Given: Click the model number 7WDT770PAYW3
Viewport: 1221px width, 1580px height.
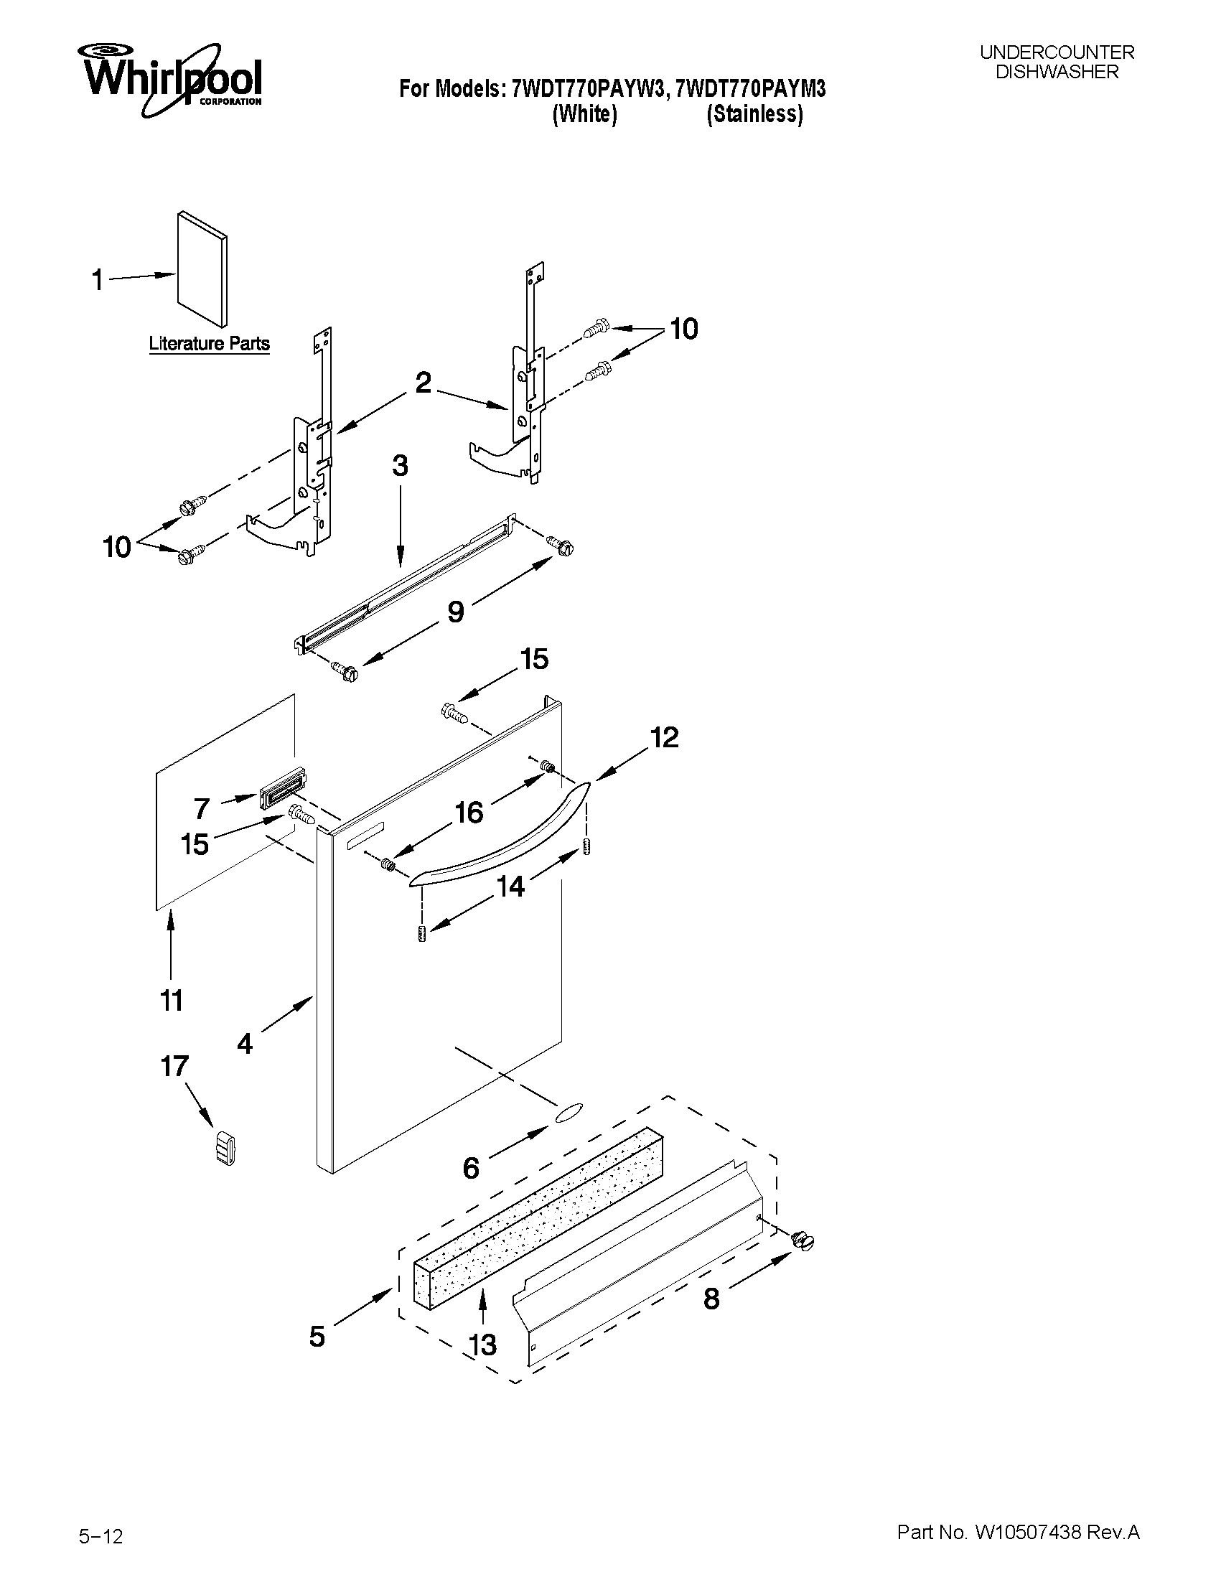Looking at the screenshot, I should coord(587,89).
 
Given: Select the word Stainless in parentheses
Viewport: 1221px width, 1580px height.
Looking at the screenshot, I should coord(754,114).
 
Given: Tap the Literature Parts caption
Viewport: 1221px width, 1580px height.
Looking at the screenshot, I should coord(209,343).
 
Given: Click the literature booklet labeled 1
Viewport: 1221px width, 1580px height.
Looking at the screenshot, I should coord(202,268).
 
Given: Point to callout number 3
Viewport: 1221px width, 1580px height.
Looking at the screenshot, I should coord(400,465).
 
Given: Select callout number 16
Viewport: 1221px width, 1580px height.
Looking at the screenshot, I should coord(469,813).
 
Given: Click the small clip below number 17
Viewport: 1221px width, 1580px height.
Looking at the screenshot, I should coord(225,1148).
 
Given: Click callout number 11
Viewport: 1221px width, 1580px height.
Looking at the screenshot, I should coord(172,1001).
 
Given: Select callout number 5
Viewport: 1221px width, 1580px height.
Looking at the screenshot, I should coord(317,1336).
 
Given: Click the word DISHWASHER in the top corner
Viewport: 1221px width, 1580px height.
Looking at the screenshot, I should coord(1057,72).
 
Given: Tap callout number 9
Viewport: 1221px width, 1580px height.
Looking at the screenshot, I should coord(455,612).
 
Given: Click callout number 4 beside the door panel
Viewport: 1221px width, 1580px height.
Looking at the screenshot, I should coord(245,1043).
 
